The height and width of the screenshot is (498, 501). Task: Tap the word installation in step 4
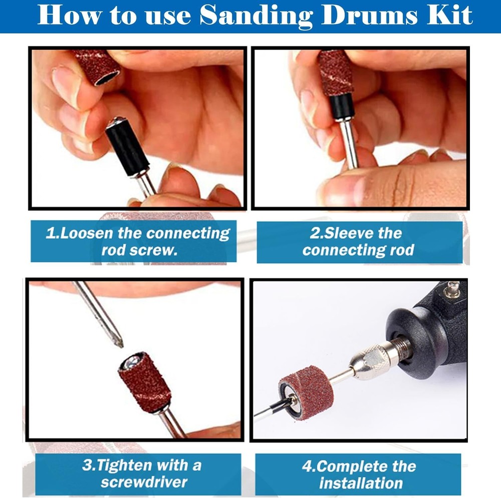(361, 483)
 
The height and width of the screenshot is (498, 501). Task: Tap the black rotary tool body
(433, 330)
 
